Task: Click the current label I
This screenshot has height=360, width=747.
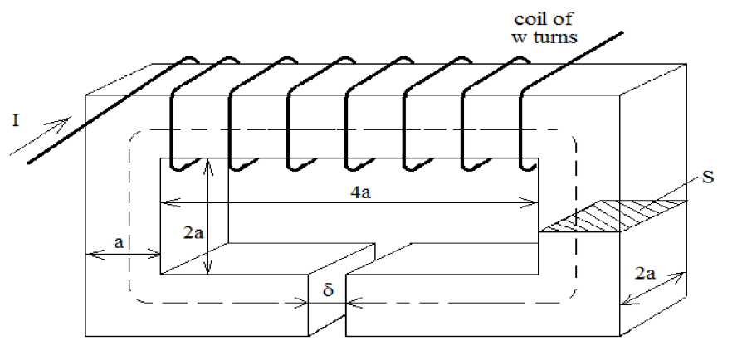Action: point(17,121)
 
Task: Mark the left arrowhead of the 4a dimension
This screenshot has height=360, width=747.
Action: point(164,200)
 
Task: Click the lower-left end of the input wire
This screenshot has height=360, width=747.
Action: point(30,162)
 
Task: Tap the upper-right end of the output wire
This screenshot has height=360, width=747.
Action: point(621,33)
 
